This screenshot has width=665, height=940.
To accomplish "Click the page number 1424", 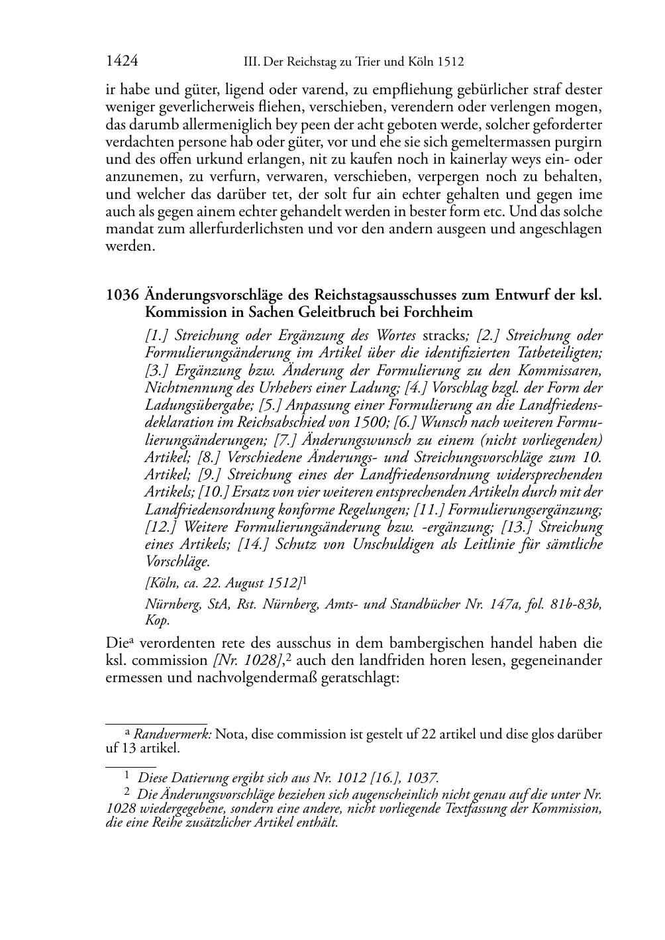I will pos(122,62).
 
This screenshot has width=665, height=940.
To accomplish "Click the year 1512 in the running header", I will pos(450,62).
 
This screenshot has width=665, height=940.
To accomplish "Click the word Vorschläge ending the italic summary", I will pos(177,561).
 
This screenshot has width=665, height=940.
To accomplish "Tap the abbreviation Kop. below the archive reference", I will pos(157,620).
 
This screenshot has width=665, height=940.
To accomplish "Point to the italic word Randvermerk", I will pos(172,734).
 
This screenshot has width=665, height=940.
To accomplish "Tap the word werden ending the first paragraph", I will pos(130,247).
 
